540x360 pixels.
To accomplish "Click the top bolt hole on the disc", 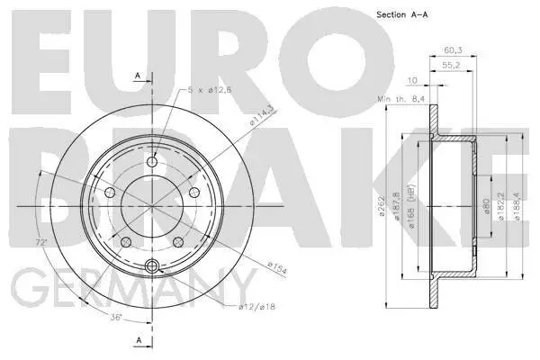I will click(x=151, y=161).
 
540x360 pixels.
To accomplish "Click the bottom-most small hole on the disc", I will click(x=151, y=265).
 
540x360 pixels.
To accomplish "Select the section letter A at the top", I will click(x=138, y=75).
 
